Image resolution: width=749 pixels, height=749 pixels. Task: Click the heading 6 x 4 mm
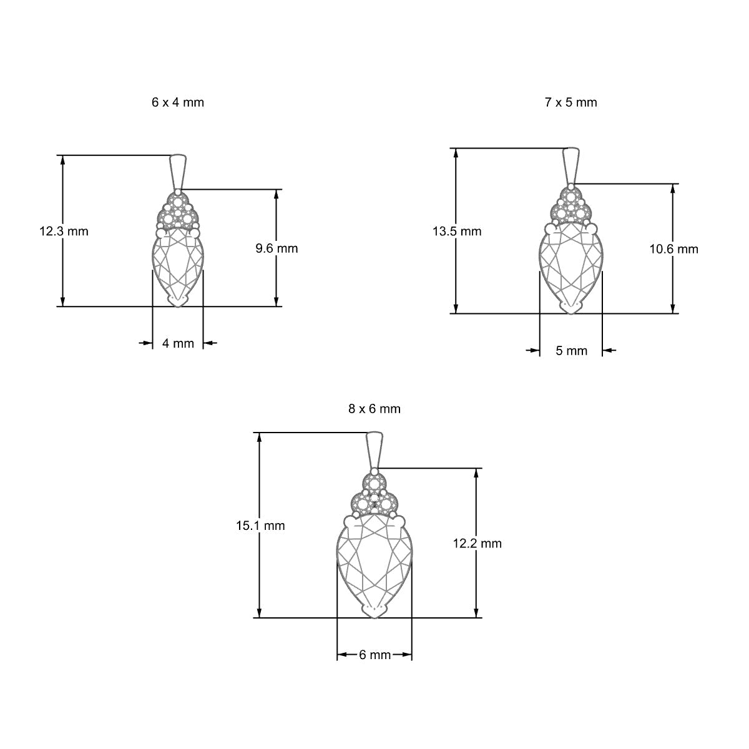click(x=178, y=102)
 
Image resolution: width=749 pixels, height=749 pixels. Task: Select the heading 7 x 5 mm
click(x=570, y=102)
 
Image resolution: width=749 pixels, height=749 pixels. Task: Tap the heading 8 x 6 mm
click(x=374, y=408)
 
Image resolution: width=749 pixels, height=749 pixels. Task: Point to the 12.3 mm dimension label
click(x=64, y=232)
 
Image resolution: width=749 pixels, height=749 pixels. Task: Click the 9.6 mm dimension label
click(x=277, y=248)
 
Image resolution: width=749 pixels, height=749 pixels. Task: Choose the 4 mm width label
click(x=178, y=343)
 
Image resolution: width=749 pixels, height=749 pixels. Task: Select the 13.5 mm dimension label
click(x=457, y=232)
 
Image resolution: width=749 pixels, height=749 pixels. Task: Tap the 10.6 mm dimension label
click(x=673, y=249)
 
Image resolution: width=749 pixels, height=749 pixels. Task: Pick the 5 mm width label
click(x=571, y=351)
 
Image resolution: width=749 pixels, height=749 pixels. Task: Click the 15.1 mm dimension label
click(x=260, y=526)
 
